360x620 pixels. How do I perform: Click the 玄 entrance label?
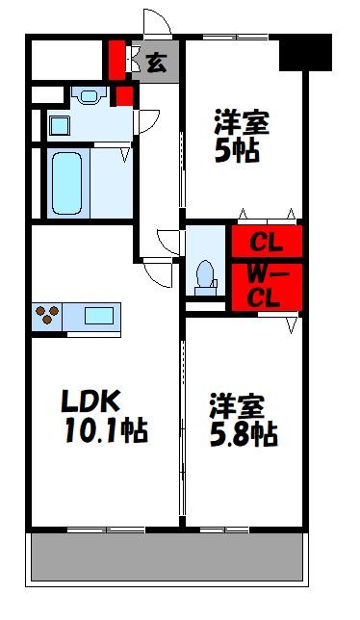pyautogui.click(x=155, y=64)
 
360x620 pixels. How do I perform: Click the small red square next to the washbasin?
pyautogui.click(x=123, y=95)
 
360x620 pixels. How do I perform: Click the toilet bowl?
pyautogui.click(x=203, y=273)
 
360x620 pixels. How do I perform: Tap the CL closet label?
pyautogui.click(x=266, y=241)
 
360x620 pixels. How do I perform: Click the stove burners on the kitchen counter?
pyautogui.click(x=48, y=315)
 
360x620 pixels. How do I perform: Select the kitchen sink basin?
pyautogui.click(x=99, y=315)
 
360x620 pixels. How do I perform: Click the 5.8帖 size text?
pyautogui.click(x=244, y=434)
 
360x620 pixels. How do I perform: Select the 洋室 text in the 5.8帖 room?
pyautogui.click(x=237, y=403)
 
